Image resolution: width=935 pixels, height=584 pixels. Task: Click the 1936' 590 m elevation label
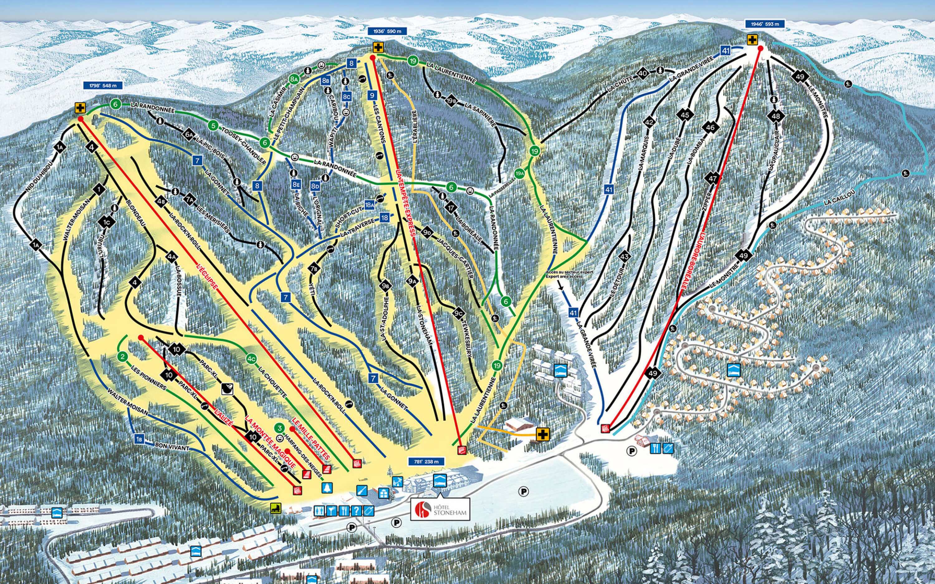click(x=387, y=31)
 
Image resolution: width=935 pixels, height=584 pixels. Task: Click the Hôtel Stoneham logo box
click(x=440, y=509)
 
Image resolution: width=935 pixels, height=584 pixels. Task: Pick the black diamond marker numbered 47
click(x=712, y=178)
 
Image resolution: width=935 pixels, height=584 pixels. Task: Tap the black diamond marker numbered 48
click(x=776, y=116)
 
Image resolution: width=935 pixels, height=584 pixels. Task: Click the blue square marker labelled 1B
click(x=139, y=439)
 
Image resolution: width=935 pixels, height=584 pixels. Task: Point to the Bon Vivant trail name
click(x=172, y=447)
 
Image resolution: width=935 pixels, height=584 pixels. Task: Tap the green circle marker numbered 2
click(x=122, y=357)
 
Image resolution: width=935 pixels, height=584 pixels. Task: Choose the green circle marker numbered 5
click(x=213, y=126)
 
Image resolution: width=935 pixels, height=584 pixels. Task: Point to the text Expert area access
click(x=564, y=277)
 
